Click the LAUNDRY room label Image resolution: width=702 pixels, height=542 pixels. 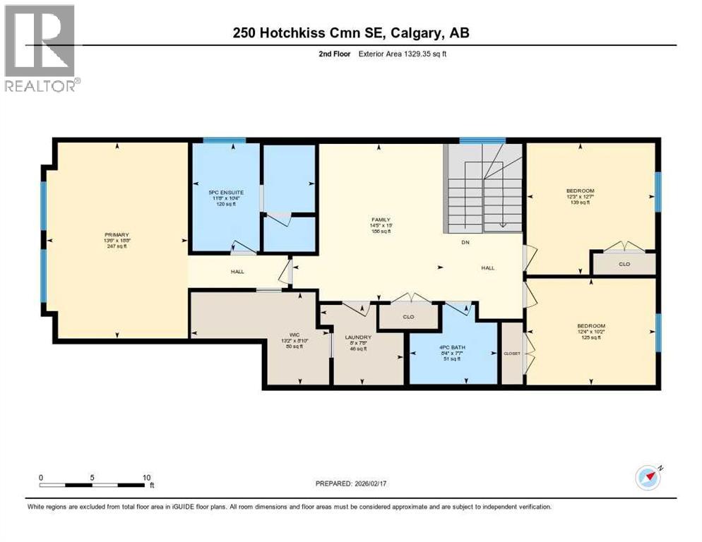coord(358,337)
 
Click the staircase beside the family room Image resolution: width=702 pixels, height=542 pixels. coord(484,188)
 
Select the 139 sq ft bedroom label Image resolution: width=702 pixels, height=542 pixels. coord(580,191)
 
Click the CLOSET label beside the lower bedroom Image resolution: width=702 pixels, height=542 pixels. coord(511,353)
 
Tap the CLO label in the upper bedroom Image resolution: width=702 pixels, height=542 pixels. coord(624,265)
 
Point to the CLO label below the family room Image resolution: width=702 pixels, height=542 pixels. coord(408,317)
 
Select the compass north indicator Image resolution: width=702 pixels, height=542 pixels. coord(647,477)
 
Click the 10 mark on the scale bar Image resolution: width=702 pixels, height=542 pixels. coord(147,478)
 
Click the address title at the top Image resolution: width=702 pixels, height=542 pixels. coord(351,32)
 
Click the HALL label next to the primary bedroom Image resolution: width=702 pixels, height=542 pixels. coord(238,271)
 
